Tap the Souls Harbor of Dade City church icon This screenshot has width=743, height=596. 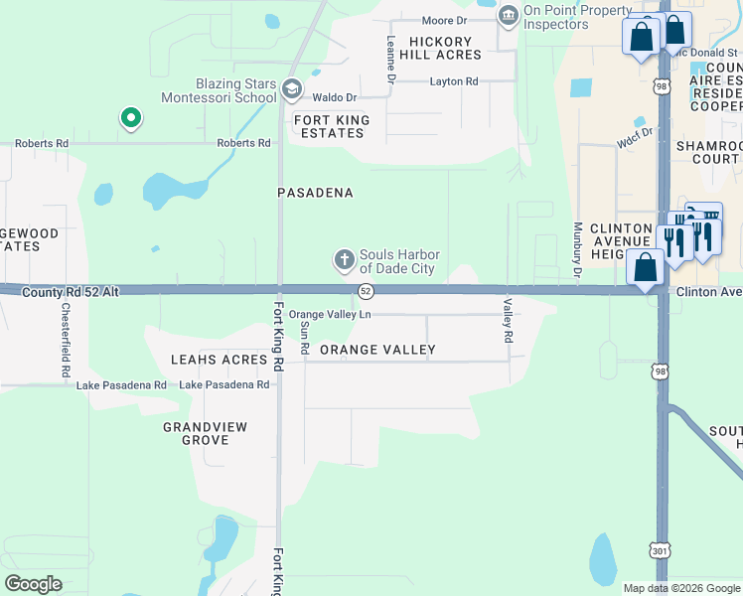click(345, 260)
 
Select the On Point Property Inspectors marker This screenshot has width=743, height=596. click(509, 16)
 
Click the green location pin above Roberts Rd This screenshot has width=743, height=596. click(130, 119)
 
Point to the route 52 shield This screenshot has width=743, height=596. click(367, 290)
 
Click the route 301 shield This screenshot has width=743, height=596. click(662, 549)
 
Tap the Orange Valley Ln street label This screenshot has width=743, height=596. click(330, 314)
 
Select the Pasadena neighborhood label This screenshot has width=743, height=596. click(315, 193)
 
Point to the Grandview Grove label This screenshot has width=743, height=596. click(205, 433)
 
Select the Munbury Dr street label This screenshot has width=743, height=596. click(576, 250)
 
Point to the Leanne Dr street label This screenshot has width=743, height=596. click(390, 59)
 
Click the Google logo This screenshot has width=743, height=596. click(33, 584)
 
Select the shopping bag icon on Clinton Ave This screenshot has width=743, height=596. click(646, 266)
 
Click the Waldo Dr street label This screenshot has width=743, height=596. click(335, 97)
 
